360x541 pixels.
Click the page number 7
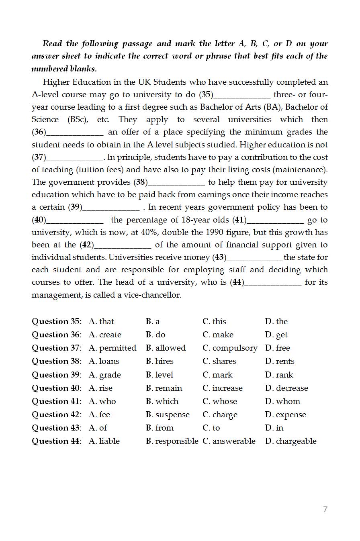(x=325, y=509)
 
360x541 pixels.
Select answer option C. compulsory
(x=230, y=348)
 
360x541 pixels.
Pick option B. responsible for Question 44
(x=172, y=441)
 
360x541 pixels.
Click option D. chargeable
(x=290, y=441)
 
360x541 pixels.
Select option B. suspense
(x=168, y=414)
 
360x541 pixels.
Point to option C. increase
(x=223, y=388)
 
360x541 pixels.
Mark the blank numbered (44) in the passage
(x=273, y=282)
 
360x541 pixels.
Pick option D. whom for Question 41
(x=282, y=401)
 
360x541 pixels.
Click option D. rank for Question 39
(x=279, y=375)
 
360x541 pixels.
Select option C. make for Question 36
(x=218, y=335)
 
